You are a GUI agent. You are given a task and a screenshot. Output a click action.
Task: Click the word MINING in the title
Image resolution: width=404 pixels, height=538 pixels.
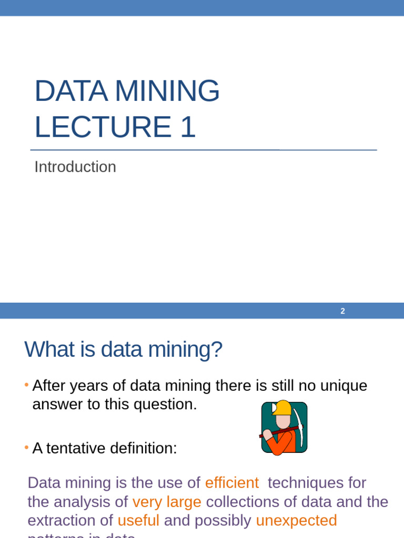click(167, 91)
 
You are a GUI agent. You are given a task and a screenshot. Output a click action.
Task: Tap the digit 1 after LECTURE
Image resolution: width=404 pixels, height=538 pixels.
click(187, 127)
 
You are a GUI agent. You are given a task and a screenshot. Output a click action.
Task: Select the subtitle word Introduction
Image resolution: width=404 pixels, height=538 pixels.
click(75, 167)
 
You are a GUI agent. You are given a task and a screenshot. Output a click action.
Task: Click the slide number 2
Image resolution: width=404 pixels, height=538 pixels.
click(342, 311)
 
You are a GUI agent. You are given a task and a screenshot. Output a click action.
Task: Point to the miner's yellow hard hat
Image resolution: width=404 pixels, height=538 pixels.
click(282, 408)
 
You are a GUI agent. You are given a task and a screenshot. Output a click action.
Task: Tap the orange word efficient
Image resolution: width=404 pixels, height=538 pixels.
click(232, 482)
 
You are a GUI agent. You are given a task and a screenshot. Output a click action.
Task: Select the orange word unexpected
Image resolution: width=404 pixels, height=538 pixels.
click(296, 520)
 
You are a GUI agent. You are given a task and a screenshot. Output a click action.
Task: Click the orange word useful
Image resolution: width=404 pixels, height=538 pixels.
click(138, 520)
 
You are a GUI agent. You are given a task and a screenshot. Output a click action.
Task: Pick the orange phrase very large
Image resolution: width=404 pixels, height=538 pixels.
click(167, 501)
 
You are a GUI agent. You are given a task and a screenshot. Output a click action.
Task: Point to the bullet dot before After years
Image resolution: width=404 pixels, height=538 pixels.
click(26, 386)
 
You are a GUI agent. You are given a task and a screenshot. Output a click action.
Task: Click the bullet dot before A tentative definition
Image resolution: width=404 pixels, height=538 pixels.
click(26, 448)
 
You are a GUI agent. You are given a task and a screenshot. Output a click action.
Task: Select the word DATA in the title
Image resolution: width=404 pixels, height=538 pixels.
click(70, 91)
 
